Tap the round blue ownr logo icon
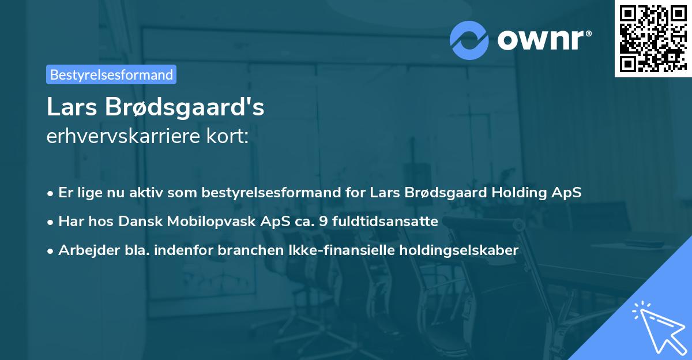pos(469,40)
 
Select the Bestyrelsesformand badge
pos(111,74)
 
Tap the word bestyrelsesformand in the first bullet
pos(271,193)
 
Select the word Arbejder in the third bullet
pos(83,250)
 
